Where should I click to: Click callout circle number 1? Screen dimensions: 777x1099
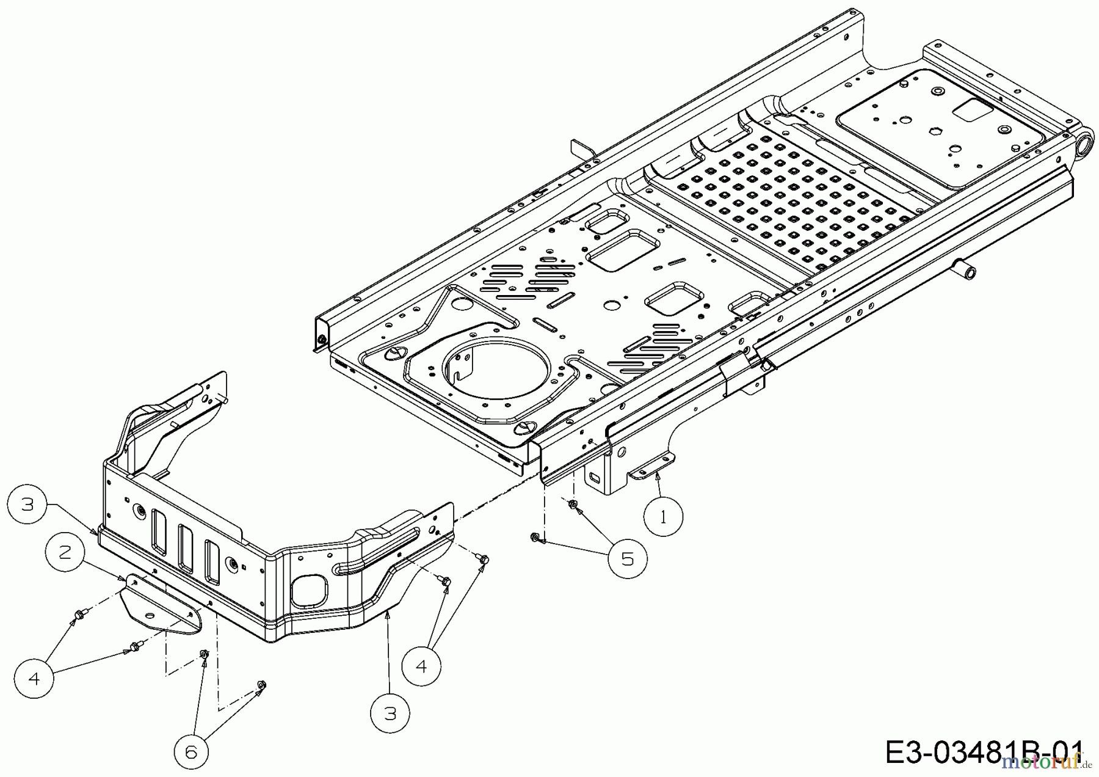[664, 517]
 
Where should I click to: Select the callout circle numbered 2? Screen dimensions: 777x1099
[65, 553]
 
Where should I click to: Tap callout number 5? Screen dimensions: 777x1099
[628, 559]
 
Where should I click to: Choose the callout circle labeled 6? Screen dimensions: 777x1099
[191, 752]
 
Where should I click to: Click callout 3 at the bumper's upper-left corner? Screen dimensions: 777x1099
[27, 504]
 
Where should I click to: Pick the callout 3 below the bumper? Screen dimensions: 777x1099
[390, 713]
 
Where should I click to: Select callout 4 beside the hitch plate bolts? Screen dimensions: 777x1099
[34, 678]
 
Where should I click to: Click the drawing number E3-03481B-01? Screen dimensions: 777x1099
[983, 752]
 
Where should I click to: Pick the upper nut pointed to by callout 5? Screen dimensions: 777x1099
[573, 505]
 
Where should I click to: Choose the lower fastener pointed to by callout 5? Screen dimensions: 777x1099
[535, 536]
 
